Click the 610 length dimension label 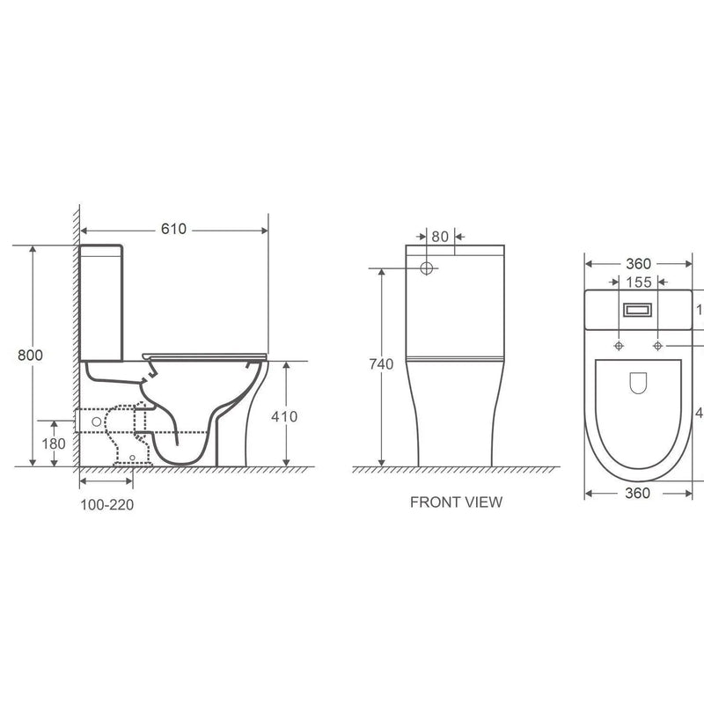pyautogui.click(x=173, y=229)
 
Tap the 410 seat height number pyautogui.click(x=287, y=415)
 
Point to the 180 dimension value pyautogui.click(x=54, y=444)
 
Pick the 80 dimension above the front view pyautogui.click(x=440, y=236)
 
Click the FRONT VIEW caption pyautogui.click(x=456, y=502)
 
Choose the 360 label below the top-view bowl pyautogui.click(x=637, y=494)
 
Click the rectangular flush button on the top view pyautogui.click(x=637, y=310)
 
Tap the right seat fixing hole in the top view pyautogui.click(x=657, y=345)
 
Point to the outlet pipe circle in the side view pyautogui.click(x=96, y=422)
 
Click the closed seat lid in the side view pyautogui.click(x=207, y=354)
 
